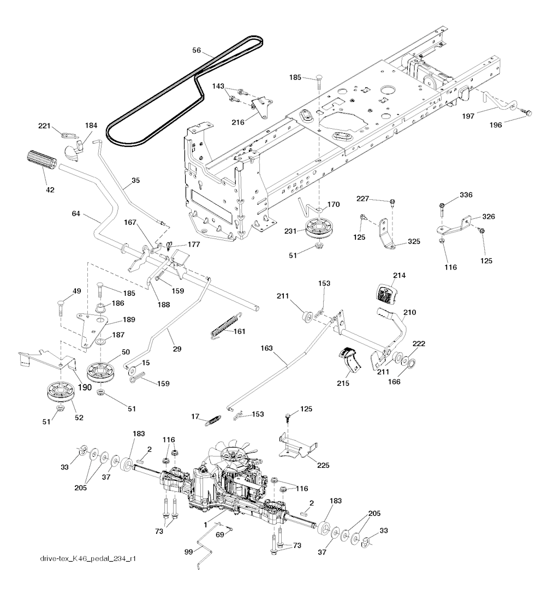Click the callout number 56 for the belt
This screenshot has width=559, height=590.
197,51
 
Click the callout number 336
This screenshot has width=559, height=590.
466,195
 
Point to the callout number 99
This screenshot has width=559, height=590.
188,552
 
